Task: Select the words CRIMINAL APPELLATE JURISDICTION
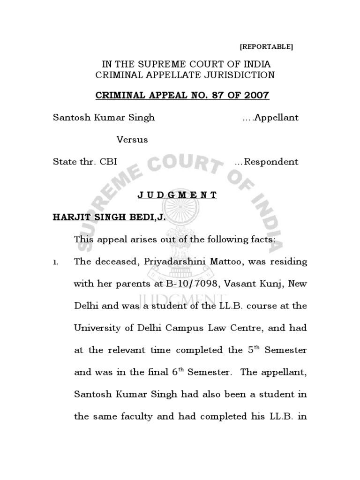185,75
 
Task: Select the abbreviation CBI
108,162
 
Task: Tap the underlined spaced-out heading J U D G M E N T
177,195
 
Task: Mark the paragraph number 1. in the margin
56,262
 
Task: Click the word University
97,328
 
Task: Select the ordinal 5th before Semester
252,349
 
